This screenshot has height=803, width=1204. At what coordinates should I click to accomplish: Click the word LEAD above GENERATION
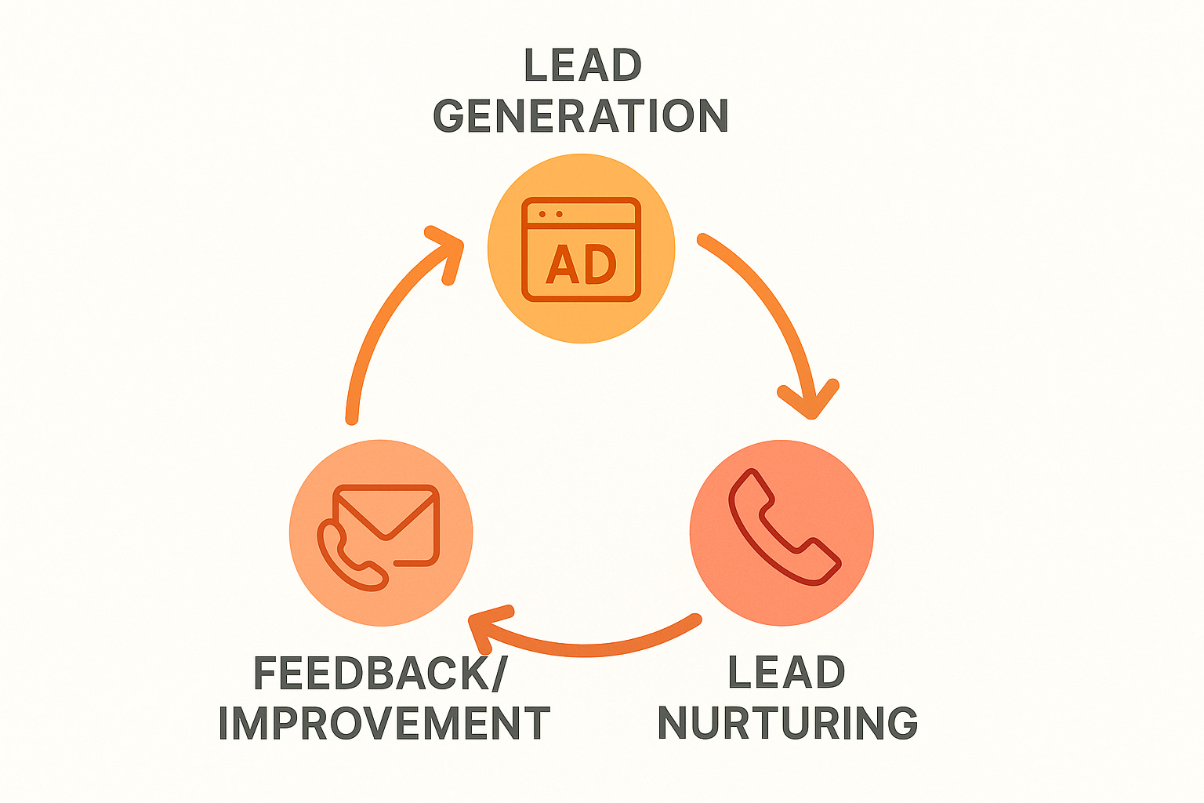click(x=582, y=66)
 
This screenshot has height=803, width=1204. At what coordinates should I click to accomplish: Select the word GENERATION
click(x=581, y=116)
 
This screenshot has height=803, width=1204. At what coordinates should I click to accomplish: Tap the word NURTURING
click(x=787, y=723)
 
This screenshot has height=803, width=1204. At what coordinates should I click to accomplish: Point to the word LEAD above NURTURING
click(x=786, y=673)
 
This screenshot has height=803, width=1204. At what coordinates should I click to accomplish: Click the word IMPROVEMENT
click(x=384, y=723)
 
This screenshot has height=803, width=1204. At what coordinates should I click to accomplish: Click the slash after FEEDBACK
click(x=499, y=673)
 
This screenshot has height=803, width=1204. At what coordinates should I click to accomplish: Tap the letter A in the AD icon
click(x=562, y=265)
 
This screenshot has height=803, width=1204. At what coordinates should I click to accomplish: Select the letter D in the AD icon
click(x=600, y=265)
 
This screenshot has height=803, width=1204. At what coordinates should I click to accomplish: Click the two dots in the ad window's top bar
click(x=550, y=214)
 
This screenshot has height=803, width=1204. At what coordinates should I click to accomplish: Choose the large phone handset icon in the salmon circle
click(x=782, y=527)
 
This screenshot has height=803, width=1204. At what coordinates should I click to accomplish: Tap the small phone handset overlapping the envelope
click(x=349, y=557)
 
